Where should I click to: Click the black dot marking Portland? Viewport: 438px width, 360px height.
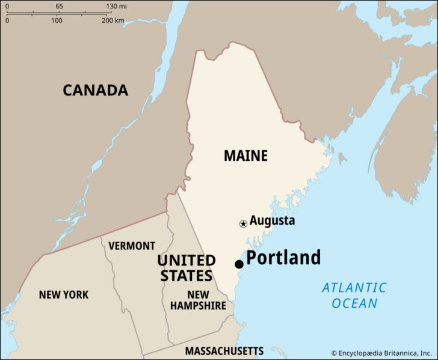point(239,264)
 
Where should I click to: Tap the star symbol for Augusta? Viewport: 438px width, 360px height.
point(243,224)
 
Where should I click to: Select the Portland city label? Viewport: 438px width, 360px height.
point(283,258)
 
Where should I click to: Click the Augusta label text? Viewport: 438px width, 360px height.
point(272,220)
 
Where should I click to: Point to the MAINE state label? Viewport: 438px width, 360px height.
point(245,155)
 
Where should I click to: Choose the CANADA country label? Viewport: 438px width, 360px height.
point(95,90)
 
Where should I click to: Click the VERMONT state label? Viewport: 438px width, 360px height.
point(132,246)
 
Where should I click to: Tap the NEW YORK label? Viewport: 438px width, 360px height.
point(64,295)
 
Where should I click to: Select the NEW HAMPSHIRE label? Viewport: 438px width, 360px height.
point(198,300)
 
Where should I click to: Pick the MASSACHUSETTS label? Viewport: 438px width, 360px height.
point(224,350)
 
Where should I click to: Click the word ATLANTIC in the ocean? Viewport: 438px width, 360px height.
point(354,287)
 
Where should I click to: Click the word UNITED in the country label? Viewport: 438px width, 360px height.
point(187,261)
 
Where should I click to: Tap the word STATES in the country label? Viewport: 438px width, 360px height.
point(185,276)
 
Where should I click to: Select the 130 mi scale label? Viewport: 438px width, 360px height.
point(117,6)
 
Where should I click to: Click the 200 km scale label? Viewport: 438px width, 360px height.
point(113,20)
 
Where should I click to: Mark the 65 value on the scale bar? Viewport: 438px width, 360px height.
point(60,6)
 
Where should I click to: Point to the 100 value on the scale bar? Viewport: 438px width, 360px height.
point(56,20)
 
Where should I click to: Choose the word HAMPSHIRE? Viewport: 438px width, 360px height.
point(198,306)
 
